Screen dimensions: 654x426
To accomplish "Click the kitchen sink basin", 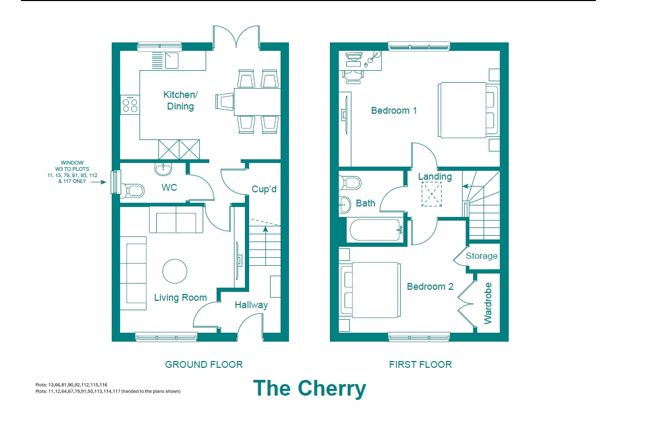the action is click(171, 60).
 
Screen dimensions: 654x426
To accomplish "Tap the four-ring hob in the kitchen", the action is click(130, 105).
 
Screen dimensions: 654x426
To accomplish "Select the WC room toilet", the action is click(133, 191).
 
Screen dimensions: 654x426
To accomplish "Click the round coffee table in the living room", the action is click(175, 271).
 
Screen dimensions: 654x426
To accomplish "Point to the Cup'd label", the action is click(264, 189).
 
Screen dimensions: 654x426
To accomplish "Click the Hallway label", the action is click(251, 305).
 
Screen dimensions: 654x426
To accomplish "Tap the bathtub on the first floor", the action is click(374, 230).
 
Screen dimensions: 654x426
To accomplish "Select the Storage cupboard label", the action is click(481, 256).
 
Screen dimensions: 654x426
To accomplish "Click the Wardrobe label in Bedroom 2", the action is click(488, 303).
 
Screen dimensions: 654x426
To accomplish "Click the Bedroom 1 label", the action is click(394, 111).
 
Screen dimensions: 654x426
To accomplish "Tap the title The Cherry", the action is click(309, 389).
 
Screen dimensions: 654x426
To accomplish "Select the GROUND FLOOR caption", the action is click(204, 365).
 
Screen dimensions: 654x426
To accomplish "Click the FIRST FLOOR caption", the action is click(421, 365).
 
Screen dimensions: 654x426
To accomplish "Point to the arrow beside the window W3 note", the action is click(99, 182).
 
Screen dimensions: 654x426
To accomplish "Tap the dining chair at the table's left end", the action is click(224, 102).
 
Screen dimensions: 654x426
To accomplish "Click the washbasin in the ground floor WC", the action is click(163, 169).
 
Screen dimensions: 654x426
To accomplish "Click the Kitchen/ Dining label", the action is click(180, 101).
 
